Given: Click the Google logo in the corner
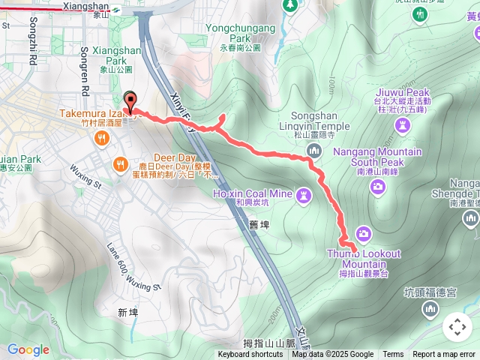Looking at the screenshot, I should [x=28, y=349].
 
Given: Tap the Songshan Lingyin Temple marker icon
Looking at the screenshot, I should [x=313, y=152].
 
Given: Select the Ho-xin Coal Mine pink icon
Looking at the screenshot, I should [x=303, y=196].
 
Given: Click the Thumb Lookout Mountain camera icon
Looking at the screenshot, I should [x=364, y=235].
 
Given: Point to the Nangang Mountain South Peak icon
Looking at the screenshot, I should [x=378, y=186].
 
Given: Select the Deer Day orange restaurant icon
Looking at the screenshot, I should [x=118, y=163].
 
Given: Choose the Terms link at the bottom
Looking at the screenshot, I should [x=393, y=355].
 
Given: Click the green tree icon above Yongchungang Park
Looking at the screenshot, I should [x=290, y=6].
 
